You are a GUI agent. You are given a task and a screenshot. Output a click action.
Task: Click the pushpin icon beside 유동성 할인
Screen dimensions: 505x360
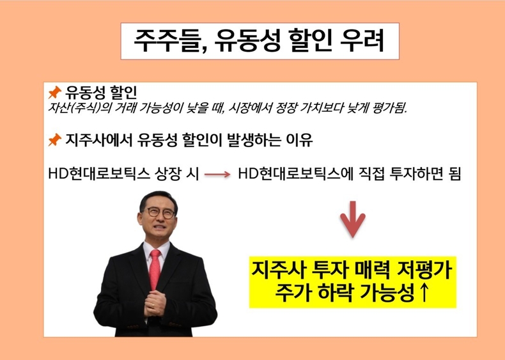(54, 93)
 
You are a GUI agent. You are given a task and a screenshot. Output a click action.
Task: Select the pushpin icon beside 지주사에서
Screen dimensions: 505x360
(54, 140)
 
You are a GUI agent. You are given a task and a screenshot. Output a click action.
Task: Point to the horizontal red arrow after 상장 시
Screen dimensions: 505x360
(217, 175)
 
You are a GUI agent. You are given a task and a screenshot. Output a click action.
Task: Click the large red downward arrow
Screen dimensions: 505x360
(353, 220)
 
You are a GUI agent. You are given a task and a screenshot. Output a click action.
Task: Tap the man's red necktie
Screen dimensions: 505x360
(155, 269)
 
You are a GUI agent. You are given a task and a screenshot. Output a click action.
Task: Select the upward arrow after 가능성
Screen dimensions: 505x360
(424, 292)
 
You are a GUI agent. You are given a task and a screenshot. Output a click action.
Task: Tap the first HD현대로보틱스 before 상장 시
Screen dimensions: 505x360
(99, 175)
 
